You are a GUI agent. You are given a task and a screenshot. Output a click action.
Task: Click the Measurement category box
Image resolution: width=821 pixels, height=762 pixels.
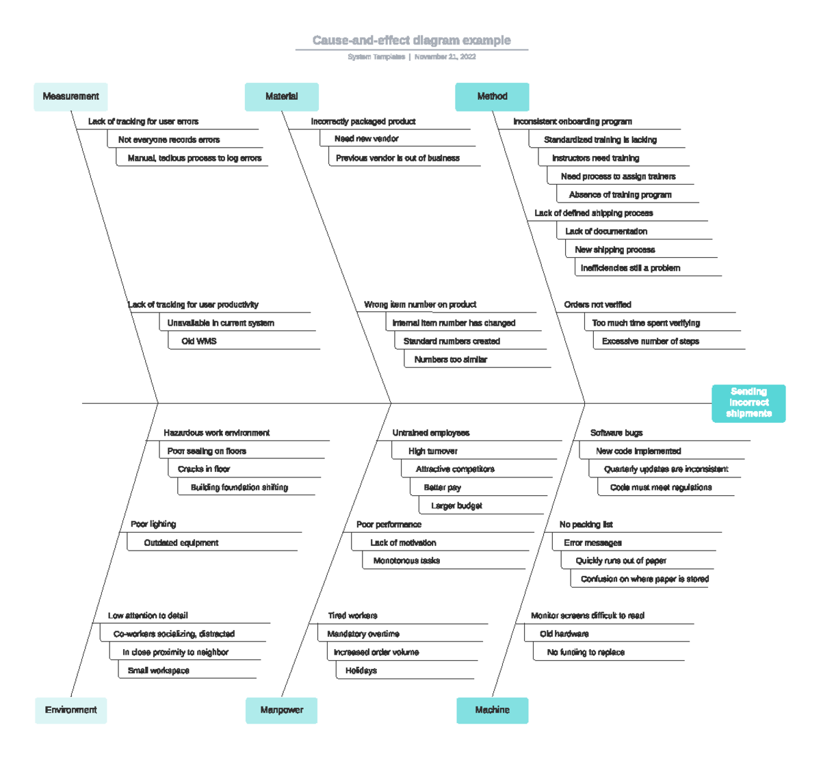coord(70,96)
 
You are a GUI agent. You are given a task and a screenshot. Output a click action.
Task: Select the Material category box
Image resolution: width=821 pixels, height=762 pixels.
coord(281,96)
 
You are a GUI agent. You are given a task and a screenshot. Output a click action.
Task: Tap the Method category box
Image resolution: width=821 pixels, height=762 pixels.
coord(492,96)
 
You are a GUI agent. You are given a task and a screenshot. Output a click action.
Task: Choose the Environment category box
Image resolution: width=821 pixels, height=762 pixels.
coord(70,710)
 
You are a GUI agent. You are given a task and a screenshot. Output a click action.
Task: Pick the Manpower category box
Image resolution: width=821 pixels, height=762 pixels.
coord(281,710)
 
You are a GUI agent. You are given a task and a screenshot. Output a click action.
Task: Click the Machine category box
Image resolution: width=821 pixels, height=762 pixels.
coord(492,710)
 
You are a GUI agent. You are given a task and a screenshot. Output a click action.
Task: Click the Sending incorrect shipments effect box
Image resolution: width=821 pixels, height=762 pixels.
coord(748,403)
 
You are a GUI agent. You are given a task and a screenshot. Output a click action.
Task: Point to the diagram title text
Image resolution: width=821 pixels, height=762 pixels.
coord(411,40)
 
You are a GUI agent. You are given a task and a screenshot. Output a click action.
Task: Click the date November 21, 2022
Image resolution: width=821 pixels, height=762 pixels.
coord(445,57)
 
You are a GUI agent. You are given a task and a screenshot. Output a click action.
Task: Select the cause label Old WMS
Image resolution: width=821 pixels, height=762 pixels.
coord(199,341)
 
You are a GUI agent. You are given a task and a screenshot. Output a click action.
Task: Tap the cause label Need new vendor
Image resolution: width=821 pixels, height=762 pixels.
coord(367,139)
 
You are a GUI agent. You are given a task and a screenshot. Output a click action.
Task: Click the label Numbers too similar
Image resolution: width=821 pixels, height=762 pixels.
coord(451,360)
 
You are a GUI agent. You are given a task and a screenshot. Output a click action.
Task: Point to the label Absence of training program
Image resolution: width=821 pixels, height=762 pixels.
coord(620,195)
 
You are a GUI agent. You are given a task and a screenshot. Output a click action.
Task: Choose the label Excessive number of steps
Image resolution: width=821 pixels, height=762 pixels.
coord(650,341)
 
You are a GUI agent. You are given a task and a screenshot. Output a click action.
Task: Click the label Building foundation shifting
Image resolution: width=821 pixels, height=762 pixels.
coord(239,488)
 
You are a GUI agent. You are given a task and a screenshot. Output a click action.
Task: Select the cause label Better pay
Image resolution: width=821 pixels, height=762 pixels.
coord(442,488)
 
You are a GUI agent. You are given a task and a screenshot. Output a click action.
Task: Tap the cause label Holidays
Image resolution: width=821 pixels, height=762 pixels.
coord(361,671)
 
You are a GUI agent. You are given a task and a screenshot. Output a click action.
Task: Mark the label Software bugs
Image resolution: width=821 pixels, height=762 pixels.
coord(616,433)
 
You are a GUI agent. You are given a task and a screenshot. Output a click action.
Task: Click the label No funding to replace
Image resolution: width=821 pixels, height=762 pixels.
coord(586,653)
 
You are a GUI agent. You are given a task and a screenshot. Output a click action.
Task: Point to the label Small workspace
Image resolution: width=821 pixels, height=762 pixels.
coord(159,671)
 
